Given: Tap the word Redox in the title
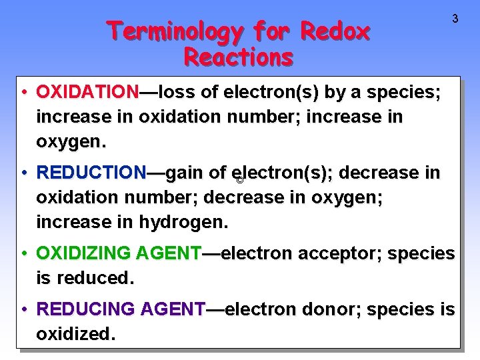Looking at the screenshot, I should (x=335, y=31).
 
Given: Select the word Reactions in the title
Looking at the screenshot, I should (x=238, y=57).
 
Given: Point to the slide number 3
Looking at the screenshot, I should (x=455, y=19).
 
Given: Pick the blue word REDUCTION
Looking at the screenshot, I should (x=91, y=173).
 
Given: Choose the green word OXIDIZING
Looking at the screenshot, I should (x=83, y=253).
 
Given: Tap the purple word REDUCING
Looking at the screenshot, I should (x=86, y=309).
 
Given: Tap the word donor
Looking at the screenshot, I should (x=331, y=309).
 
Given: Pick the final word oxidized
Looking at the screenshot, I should (x=75, y=334).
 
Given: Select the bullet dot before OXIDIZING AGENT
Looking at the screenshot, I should (x=24, y=253).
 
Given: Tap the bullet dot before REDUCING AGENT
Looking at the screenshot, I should (x=24, y=309).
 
